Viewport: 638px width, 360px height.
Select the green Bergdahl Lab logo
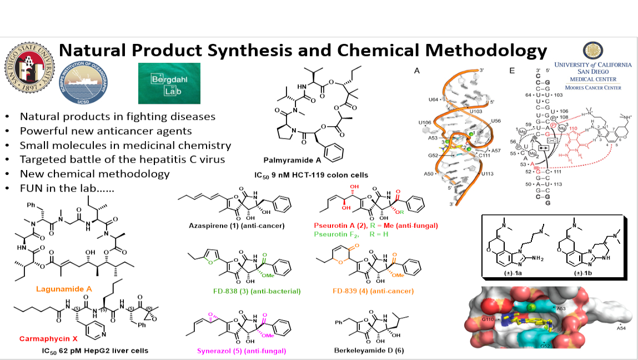pos(161,83)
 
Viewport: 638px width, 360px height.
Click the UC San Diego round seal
pos(592,51)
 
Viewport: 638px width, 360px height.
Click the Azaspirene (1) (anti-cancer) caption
pos(235,226)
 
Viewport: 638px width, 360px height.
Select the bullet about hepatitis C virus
pos(122,159)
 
